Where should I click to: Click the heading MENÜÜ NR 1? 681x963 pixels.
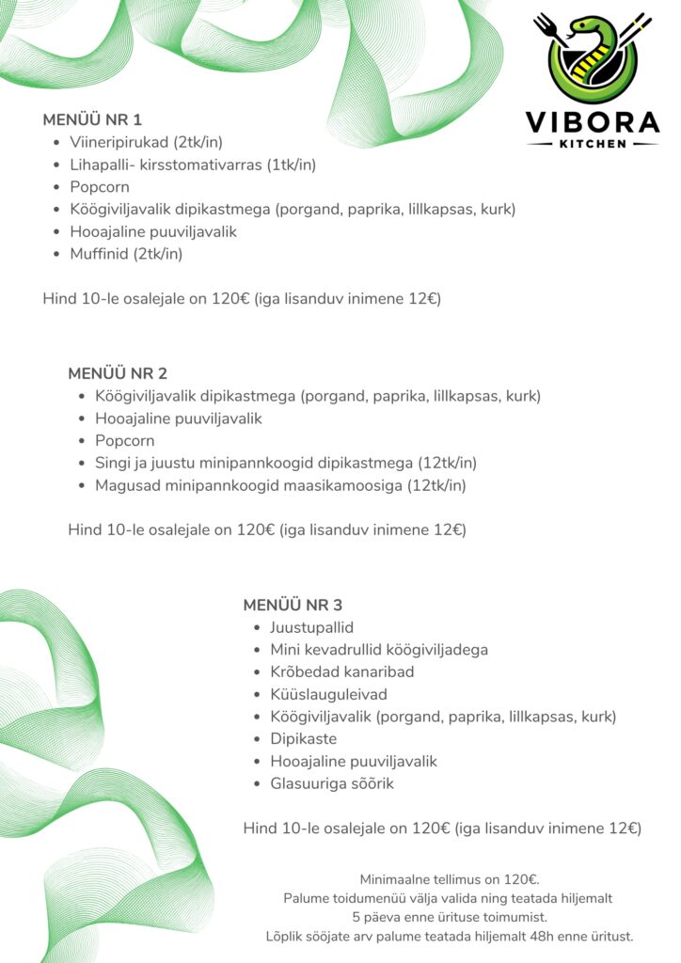coord(92,120)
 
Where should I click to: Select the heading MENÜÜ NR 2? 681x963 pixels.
coord(118,373)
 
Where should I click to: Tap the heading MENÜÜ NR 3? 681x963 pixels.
coord(293,605)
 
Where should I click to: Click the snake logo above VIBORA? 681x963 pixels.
coord(592,57)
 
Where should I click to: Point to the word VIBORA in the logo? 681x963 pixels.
coord(592,123)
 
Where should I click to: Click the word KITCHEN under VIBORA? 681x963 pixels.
coord(592,144)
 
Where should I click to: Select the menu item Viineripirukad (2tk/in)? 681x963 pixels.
coord(146,143)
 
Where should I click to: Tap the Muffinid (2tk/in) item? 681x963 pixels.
coord(126,254)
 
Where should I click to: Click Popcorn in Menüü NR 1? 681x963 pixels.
coord(100,187)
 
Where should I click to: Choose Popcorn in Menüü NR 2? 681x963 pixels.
coord(125,440)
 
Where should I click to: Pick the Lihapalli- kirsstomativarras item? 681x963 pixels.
coord(193,165)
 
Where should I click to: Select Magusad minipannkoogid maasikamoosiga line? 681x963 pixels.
coord(280,485)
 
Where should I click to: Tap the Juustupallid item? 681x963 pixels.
coord(311,627)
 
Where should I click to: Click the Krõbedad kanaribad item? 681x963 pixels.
coord(342,671)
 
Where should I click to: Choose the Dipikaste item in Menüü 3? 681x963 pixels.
coord(303,738)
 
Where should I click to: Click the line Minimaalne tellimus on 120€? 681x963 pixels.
coord(450,879)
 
